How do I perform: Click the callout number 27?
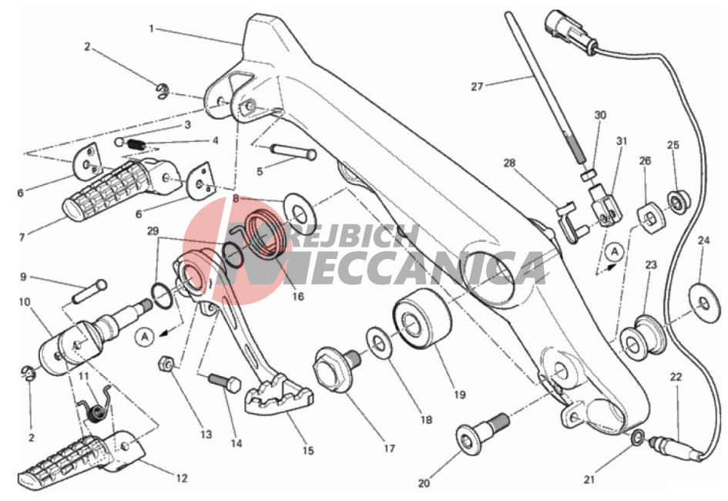click(x=477, y=86)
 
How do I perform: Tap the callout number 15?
click(x=308, y=450)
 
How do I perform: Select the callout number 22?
click(x=676, y=377)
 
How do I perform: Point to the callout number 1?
click(x=151, y=29)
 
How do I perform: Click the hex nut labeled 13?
click(x=166, y=364)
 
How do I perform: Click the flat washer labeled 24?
click(x=705, y=303)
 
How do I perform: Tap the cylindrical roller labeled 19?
click(x=422, y=318)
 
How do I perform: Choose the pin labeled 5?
click(x=294, y=152)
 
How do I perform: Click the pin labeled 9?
click(x=89, y=291)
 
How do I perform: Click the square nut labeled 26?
click(x=650, y=217)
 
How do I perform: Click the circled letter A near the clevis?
click(x=615, y=252)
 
